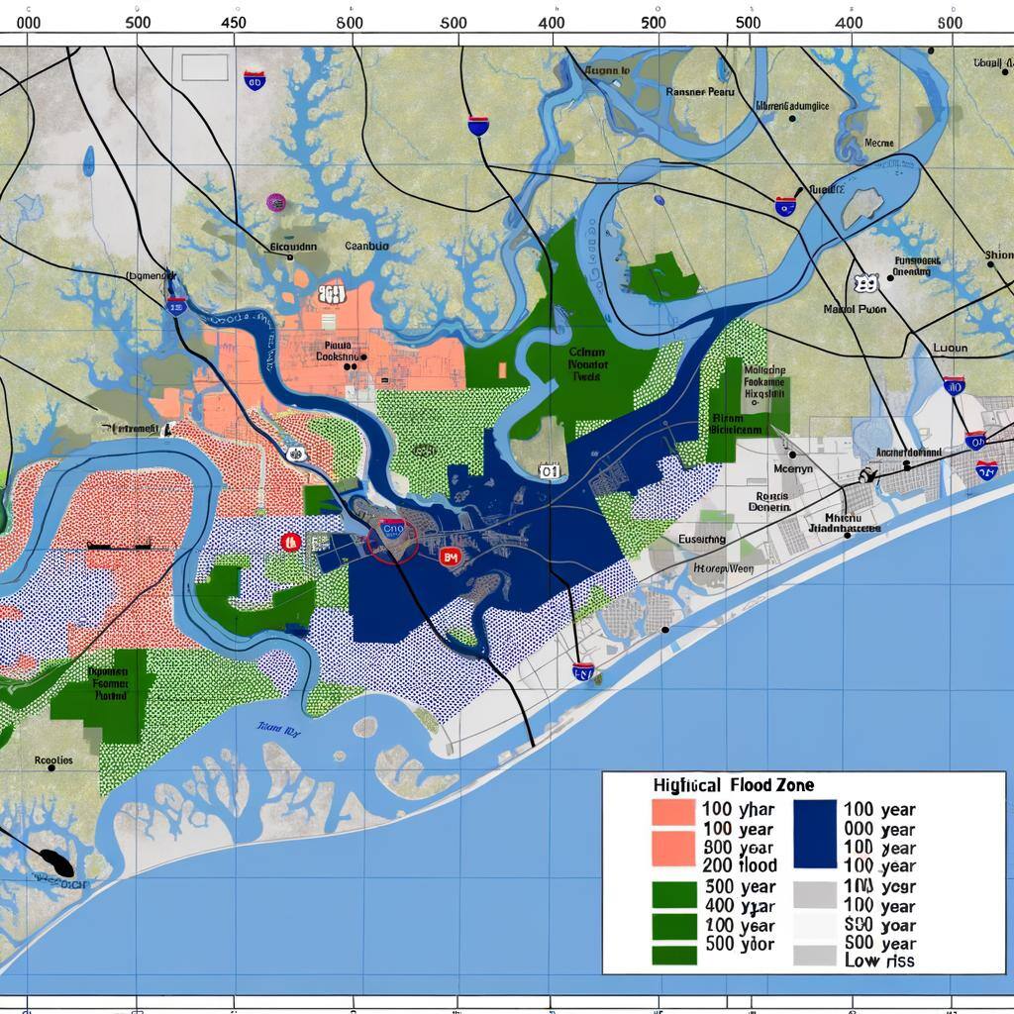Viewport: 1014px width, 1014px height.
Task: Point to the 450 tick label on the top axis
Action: [x=235, y=22]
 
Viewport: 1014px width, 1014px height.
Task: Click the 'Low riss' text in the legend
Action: [x=879, y=961]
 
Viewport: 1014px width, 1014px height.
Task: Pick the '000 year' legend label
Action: [x=878, y=829]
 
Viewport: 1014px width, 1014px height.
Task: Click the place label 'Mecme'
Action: [x=879, y=143]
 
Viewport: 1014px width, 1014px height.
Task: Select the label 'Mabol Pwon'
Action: [x=856, y=309]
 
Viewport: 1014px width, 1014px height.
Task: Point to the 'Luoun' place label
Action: [x=950, y=349]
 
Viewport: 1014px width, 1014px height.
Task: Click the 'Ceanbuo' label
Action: [x=366, y=247]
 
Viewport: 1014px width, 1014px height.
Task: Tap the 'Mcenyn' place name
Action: [x=792, y=468]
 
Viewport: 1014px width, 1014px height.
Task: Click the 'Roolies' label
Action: [x=53, y=760]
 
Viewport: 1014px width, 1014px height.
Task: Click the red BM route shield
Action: [x=450, y=558]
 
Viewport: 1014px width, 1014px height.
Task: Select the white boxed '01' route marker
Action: [x=550, y=471]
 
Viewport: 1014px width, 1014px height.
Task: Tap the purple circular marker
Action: [x=276, y=202]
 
